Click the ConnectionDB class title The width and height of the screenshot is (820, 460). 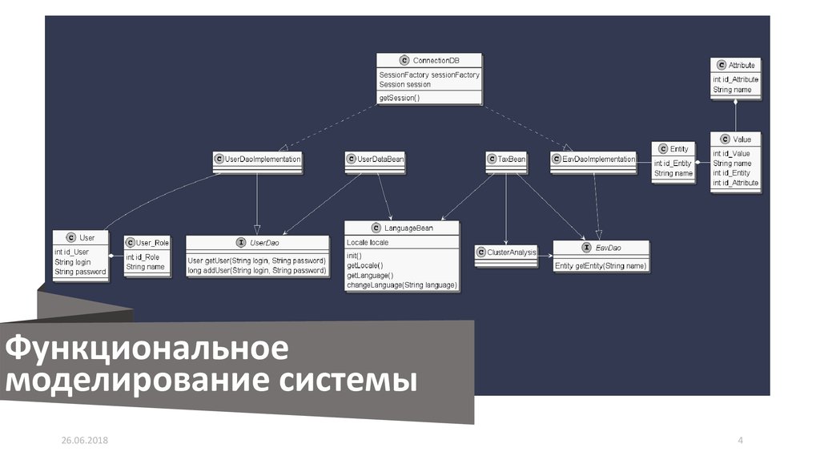435,61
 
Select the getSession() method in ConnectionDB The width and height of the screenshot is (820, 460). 400,98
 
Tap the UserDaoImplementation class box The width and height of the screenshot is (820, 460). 258,160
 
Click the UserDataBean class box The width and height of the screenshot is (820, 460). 376,160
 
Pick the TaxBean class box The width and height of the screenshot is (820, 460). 507,160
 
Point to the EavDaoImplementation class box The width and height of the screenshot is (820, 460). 593,160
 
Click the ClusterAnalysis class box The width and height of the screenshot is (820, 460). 507,253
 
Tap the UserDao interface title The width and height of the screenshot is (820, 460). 264,242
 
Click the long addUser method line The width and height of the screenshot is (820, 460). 256,271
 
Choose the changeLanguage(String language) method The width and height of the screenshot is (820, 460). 401,284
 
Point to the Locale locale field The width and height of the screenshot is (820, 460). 368,241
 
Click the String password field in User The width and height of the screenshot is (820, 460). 80,272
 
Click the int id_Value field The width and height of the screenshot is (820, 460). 731,153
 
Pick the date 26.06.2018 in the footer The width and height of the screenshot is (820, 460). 85,442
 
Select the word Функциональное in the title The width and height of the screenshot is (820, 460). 147,349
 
